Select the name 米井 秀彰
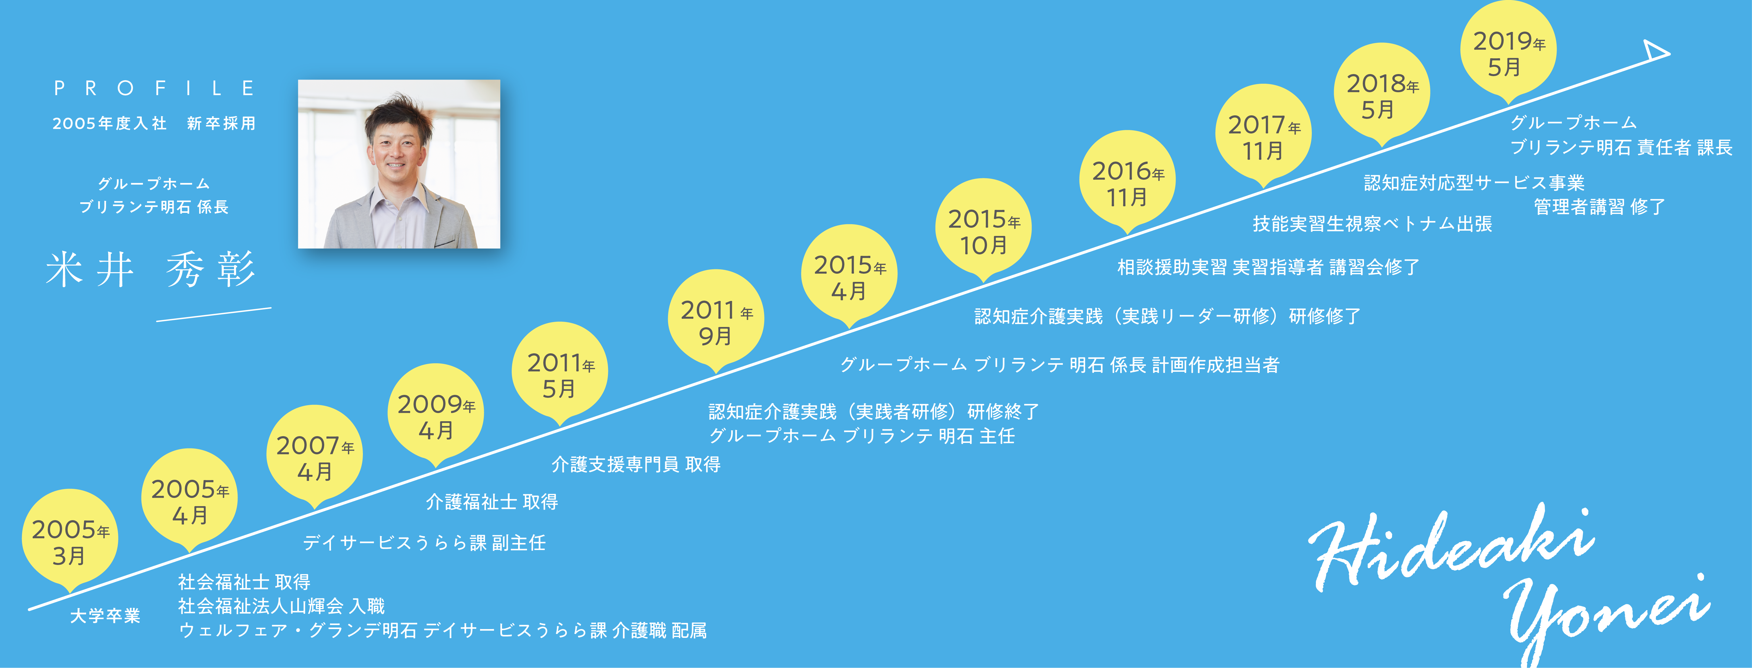click(151, 269)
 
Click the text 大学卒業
click(105, 616)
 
